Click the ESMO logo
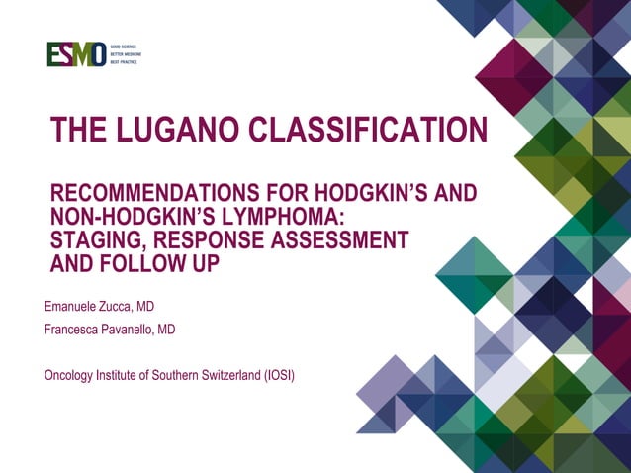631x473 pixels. (x=76, y=54)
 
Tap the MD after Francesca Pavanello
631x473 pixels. (x=165, y=330)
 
